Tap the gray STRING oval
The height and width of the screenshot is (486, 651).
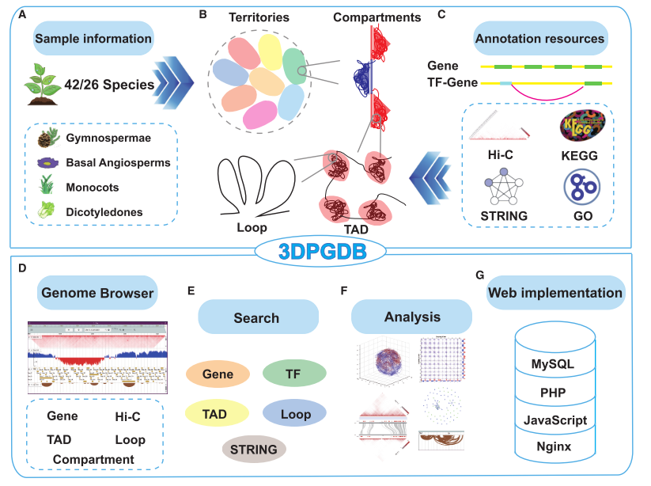pos(254,450)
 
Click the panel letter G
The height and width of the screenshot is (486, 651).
pos(480,275)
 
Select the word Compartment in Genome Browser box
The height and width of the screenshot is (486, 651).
pos(93,459)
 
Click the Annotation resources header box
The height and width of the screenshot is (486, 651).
pos(539,38)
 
